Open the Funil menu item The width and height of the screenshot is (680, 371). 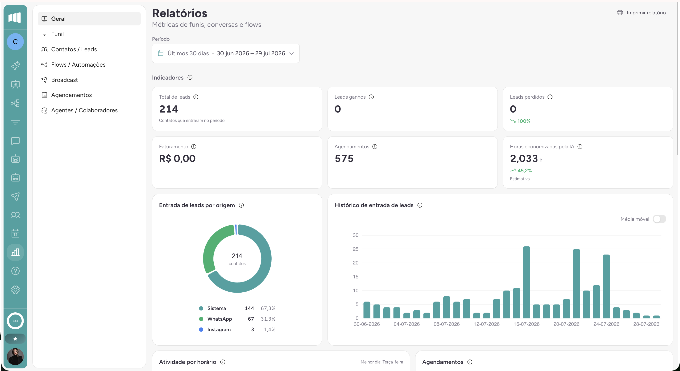pyautogui.click(x=57, y=34)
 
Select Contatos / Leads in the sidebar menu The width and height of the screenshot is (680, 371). pyautogui.click(x=74, y=49)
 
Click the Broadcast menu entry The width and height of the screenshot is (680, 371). pyautogui.click(x=64, y=80)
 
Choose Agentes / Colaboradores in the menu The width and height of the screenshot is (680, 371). pyautogui.click(x=84, y=110)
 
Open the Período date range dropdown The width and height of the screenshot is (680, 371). pyautogui.click(x=226, y=53)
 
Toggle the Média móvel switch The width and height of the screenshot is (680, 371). pyautogui.click(x=659, y=219)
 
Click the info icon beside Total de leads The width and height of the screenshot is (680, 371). pyautogui.click(x=196, y=97)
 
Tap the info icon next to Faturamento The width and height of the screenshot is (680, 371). pyautogui.click(x=194, y=146)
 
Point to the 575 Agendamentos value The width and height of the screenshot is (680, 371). pyautogui.click(x=344, y=159)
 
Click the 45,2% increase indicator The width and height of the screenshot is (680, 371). pyautogui.click(x=521, y=170)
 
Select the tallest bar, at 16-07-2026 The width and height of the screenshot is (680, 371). pyautogui.click(x=526, y=282)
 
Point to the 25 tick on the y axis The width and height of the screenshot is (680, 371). pyautogui.click(x=355, y=249)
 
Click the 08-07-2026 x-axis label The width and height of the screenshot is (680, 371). pyautogui.click(x=446, y=324)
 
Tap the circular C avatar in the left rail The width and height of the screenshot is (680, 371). pyautogui.click(x=15, y=42)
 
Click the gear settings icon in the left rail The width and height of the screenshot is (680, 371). pyautogui.click(x=15, y=290)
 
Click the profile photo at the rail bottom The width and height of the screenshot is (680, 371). pyautogui.click(x=15, y=356)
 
